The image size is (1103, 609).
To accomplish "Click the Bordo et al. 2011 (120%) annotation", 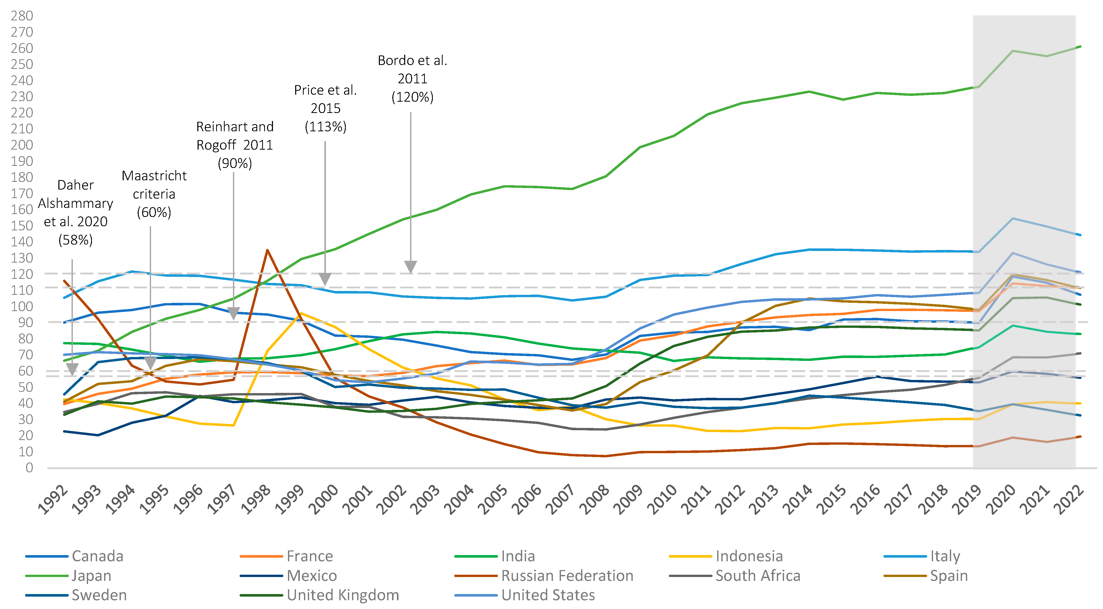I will click(x=412, y=79).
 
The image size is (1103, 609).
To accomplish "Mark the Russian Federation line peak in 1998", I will click(x=267, y=250).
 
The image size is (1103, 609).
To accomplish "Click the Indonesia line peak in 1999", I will click(x=301, y=313).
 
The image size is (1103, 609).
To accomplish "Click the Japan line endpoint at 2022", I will click(x=1080, y=46).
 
